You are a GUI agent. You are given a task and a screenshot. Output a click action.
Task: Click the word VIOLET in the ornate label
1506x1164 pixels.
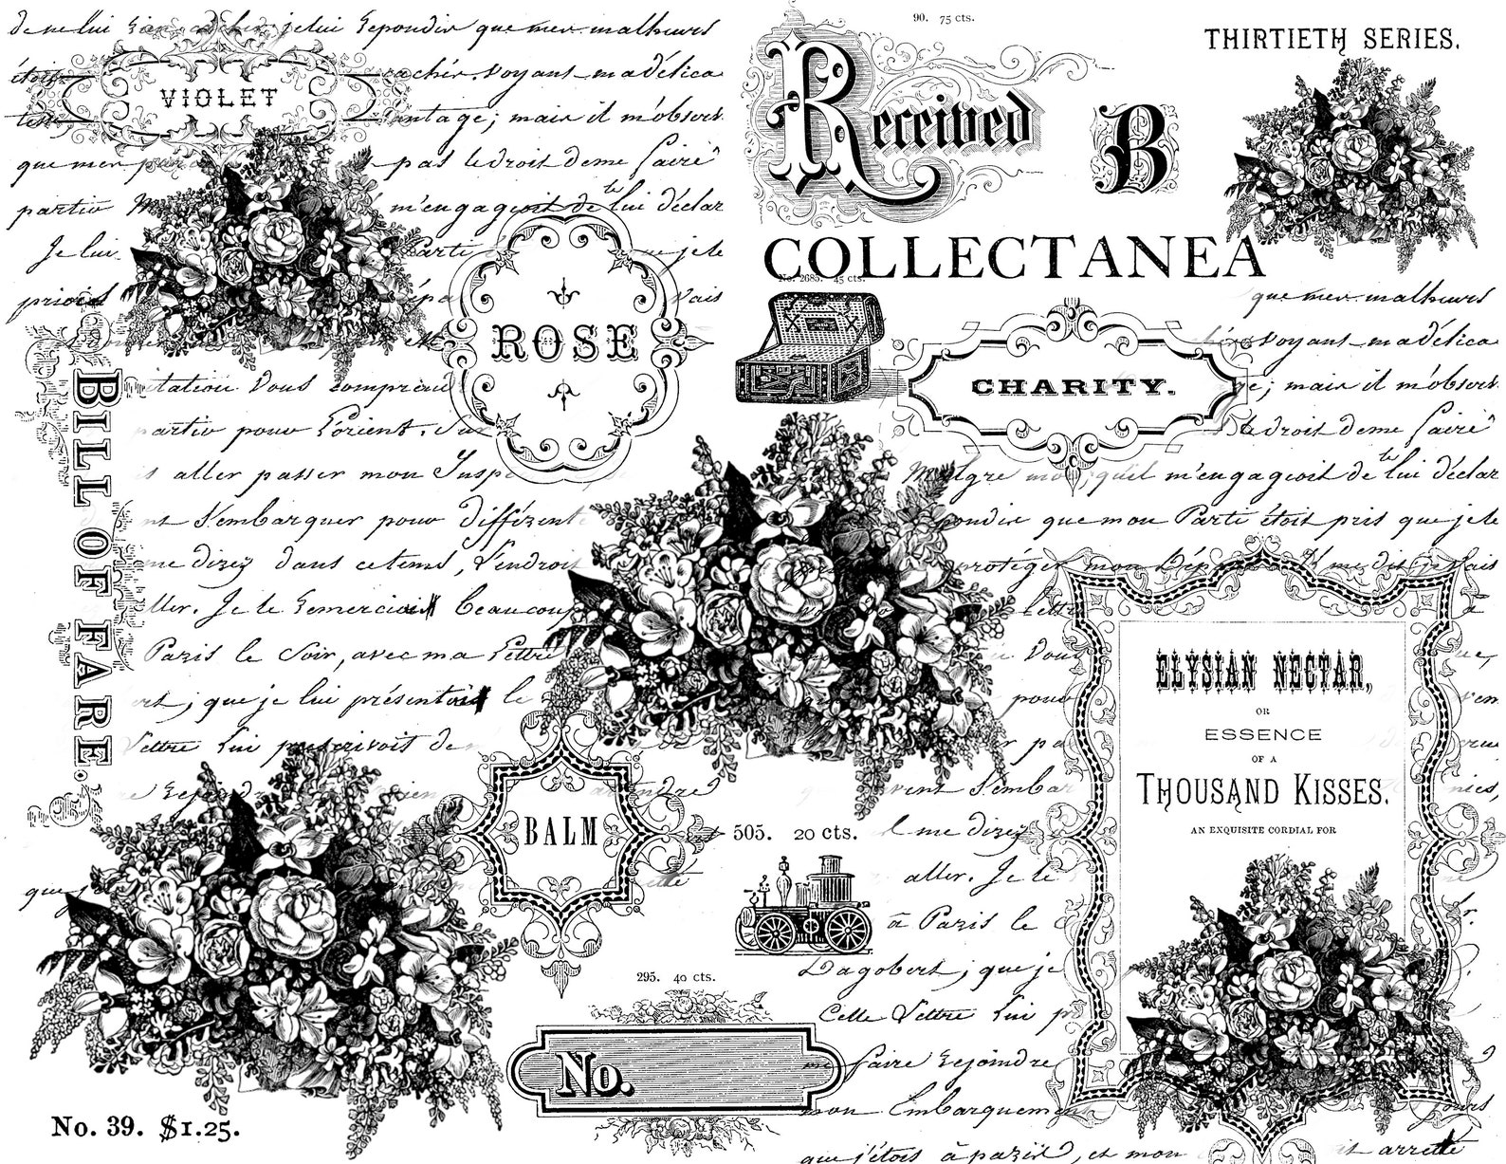click(218, 97)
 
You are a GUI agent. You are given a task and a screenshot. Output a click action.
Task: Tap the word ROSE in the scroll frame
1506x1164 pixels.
click(563, 342)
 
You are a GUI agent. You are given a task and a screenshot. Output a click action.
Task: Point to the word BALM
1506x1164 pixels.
click(561, 834)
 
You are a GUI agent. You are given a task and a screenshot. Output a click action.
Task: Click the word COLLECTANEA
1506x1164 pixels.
click(1015, 256)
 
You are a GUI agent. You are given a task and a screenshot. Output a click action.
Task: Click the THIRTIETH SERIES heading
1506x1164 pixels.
click(1330, 39)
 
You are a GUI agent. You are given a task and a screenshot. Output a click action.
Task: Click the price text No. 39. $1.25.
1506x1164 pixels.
click(146, 1127)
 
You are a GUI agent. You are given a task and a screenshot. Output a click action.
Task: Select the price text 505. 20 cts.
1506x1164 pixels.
click(794, 834)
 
